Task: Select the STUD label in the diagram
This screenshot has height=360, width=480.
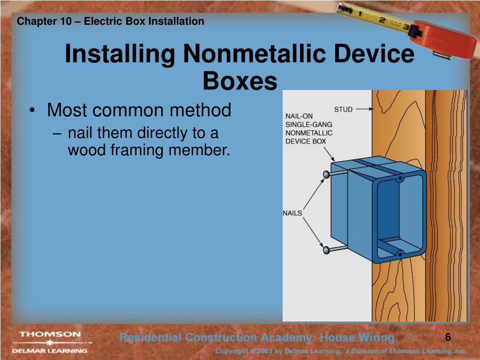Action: click(343, 109)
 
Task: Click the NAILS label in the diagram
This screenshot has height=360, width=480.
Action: click(292, 213)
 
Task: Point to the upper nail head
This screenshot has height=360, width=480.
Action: click(326, 175)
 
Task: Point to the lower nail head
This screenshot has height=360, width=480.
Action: click(326, 250)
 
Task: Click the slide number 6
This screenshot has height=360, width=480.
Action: click(448, 337)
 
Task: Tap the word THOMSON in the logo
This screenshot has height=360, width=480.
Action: click(50, 335)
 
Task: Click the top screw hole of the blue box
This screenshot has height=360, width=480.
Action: click(400, 179)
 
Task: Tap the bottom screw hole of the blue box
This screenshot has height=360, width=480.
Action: click(399, 254)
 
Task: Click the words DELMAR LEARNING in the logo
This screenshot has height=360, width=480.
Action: click(50, 350)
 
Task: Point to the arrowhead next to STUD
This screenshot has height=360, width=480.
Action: click(371, 109)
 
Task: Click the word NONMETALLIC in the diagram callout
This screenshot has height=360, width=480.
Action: click(309, 133)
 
